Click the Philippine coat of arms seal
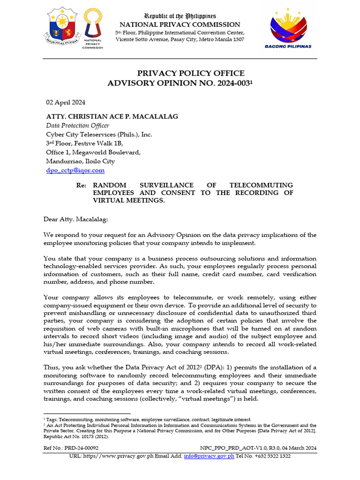pos(62,26)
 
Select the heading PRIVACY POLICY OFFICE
pos(190,74)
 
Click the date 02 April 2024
pos(65,102)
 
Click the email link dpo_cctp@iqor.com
pos(75,170)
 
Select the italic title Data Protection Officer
pos(77,126)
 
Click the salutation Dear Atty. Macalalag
pos(75,219)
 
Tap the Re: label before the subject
pos(82,185)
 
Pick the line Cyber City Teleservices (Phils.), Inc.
pos(99,135)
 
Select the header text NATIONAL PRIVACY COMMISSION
pos(180,24)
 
